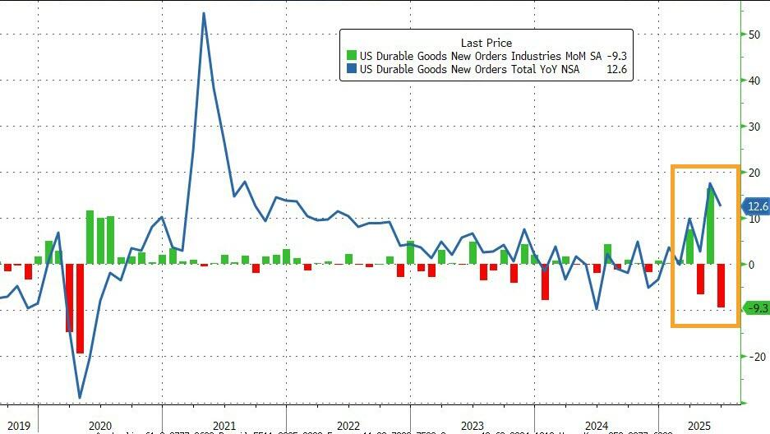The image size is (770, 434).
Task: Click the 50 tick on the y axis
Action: pyautogui.click(x=754, y=35)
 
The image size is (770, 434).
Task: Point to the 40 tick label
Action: pyautogui.click(x=754, y=81)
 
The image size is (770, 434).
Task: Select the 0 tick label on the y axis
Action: pyautogui.click(x=750, y=265)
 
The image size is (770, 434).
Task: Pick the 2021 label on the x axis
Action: pyautogui.click(x=224, y=426)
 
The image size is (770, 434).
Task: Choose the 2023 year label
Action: pyautogui.click(x=472, y=426)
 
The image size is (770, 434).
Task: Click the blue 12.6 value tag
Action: pyautogui.click(x=755, y=206)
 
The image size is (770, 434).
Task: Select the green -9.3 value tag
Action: pyautogui.click(x=755, y=308)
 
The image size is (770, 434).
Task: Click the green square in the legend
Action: pyautogui.click(x=351, y=56)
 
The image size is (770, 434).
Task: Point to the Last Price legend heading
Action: pyautogui.click(x=486, y=42)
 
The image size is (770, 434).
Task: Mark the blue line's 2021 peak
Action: pyautogui.click(x=204, y=13)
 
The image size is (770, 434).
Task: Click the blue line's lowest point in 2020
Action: pyautogui.click(x=80, y=398)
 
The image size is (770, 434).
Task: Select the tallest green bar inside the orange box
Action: pyautogui.click(x=711, y=226)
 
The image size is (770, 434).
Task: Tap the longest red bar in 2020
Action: pyautogui.click(x=80, y=308)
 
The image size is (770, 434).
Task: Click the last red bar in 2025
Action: pyautogui.click(x=721, y=285)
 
